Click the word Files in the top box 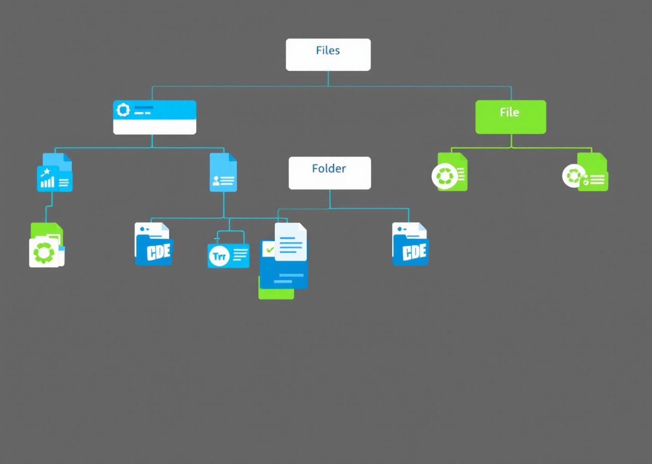coord(328,50)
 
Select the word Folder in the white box coord(329,169)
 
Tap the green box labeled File coord(510,117)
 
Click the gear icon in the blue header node coord(123,110)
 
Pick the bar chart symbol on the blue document coord(48,182)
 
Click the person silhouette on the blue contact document coord(216,181)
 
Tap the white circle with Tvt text coord(219,256)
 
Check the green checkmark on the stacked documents coord(270,250)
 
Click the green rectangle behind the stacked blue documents coord(276,293)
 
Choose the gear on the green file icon coord(44,252)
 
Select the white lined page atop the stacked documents coord(291,242)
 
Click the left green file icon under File coord(449,173)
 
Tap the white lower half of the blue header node coord(154,127)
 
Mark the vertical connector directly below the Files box coord(328,78)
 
